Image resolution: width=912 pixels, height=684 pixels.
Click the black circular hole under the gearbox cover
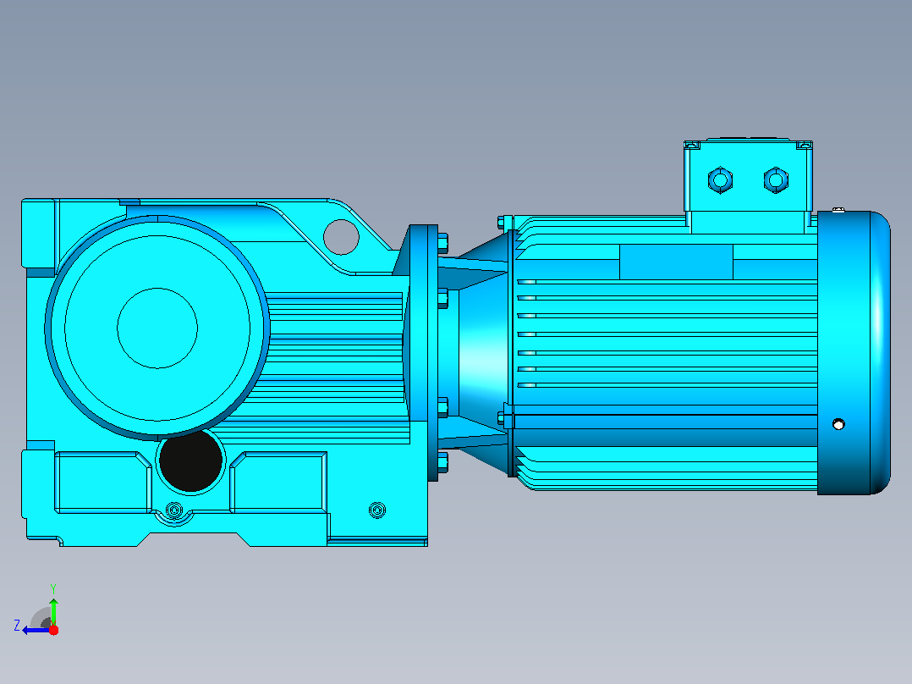pyautogui.click(x=191, y=460)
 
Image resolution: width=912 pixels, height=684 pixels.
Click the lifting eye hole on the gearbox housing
pyautogui.click(x=341, y=237)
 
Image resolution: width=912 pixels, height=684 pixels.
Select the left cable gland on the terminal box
pyautogui.click(x=720, y=179)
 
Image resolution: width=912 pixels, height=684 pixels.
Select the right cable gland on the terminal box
pyautogui.click(x=776, y=179)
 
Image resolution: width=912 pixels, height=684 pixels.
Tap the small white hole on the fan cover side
pyautogui.click(x=838, y=424)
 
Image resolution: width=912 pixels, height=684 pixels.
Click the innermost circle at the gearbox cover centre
pyautogui.click(x=157, y=328)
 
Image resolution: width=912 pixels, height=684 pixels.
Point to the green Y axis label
pyautogui.click(x=53, y=588)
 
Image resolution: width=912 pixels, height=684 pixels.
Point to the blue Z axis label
pyautogui.click(x=17, y=626)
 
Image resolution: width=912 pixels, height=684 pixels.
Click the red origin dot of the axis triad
pyautogui.click(x=53, y=630)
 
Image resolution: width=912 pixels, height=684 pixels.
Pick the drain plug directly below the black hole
pyautogui.click(x=174, y=510)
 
